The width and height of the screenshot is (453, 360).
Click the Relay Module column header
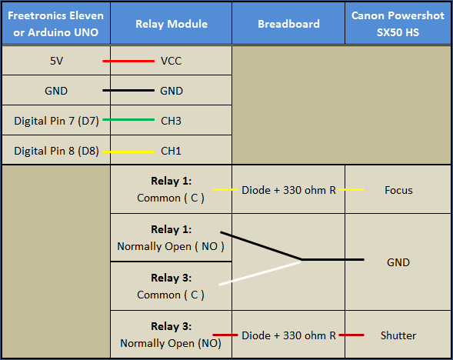click(172, 24)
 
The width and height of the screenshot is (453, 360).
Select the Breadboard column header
click(288, 24)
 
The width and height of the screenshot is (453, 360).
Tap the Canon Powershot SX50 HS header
click(398, 24)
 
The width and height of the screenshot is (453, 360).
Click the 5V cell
click(56, 61)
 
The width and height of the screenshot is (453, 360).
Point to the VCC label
click(172, 61)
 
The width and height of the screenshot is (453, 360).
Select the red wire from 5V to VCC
click(128, 61)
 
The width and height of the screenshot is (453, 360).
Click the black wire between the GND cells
click(128, 91)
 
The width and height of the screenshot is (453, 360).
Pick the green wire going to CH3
click(128, 119)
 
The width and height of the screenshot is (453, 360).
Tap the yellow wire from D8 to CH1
click(128, 152)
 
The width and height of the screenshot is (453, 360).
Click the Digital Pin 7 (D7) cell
click(56, 121)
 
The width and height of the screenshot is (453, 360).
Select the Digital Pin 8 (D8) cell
click(56, 151)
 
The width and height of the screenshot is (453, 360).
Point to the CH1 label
click(171, 151)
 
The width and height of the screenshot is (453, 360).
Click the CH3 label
click(171, 121)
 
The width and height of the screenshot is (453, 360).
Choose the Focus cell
click(398, 190)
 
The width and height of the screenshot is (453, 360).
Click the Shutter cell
click(398, 335)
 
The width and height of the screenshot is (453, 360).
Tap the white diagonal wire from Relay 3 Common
click(260, 273)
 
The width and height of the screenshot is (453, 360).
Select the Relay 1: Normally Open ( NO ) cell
click(171, 238)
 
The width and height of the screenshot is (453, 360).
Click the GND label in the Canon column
click(398, 262)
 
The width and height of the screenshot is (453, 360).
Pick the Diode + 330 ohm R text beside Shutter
click(288, 335)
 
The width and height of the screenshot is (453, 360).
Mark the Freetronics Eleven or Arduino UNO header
click(55, 24)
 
